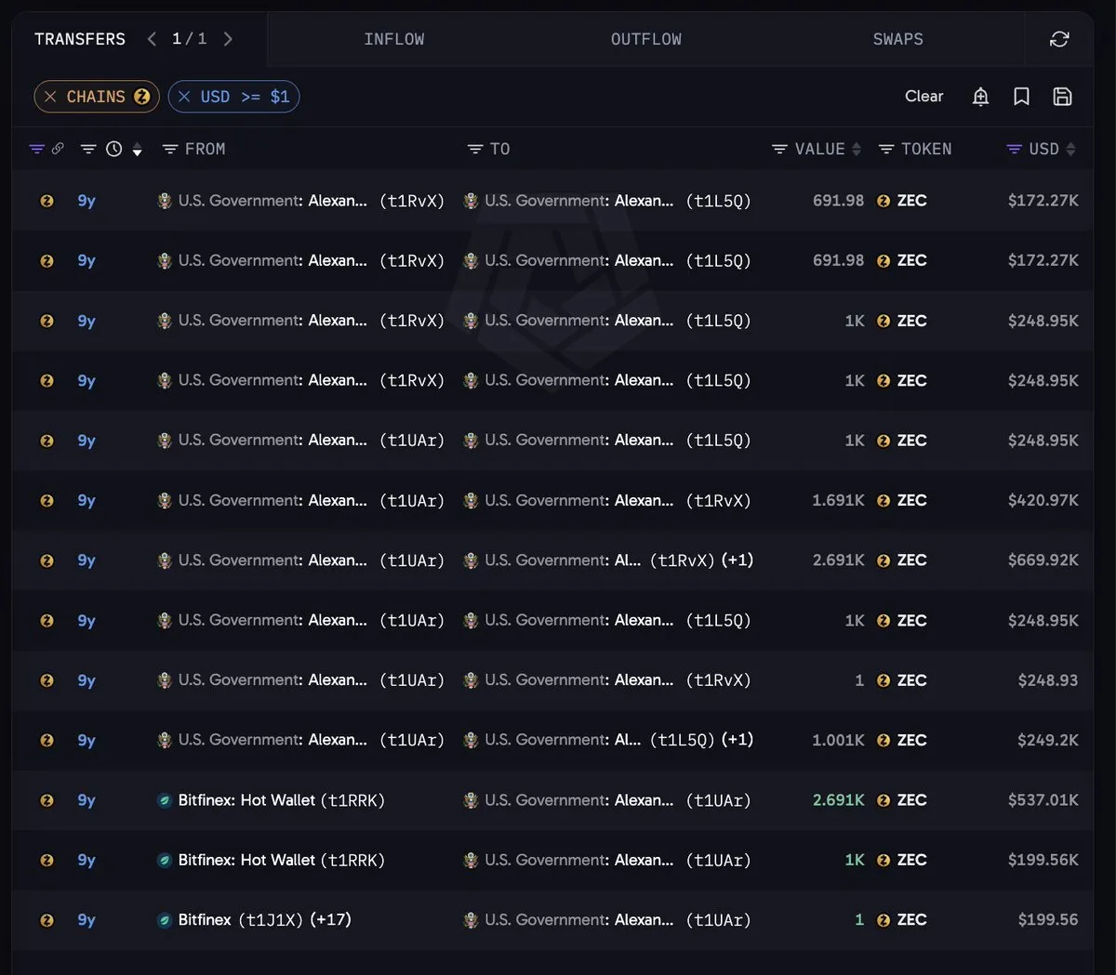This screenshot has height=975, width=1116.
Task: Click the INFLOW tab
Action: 393,39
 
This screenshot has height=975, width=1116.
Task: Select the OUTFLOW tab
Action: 645,39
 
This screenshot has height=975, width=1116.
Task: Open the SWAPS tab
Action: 897,39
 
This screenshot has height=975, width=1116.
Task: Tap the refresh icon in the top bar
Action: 1059,39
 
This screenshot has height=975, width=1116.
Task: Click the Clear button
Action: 923,97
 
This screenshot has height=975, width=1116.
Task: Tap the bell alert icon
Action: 980,97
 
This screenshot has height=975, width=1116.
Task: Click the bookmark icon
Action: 1021,97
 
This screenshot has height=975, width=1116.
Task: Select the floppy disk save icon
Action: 1062,97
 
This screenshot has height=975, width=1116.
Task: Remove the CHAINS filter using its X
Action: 50,97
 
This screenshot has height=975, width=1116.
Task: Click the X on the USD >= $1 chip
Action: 184,97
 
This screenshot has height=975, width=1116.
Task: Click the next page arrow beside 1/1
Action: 228,39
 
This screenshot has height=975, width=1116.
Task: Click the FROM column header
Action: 206,149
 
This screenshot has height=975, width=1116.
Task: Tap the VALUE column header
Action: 819,149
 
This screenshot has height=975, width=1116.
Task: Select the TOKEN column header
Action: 926,149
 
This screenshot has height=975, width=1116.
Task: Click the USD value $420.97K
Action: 1043,500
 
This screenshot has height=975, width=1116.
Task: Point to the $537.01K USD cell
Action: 1043,800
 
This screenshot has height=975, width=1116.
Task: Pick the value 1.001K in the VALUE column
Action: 838,740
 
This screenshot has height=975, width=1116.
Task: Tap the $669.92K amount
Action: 1043,560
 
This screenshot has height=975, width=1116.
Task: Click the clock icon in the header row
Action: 113,149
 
